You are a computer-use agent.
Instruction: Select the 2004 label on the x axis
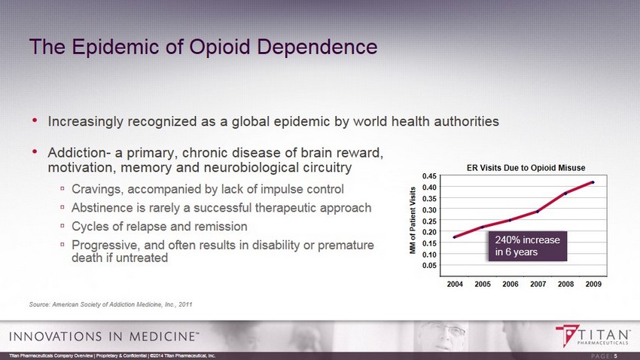pos(455,284)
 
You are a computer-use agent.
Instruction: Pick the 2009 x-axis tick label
pos(593,284)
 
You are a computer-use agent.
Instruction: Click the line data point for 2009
pos(593,182)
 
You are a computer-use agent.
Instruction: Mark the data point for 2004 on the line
pos(455,237)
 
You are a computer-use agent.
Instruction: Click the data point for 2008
pos(565,194)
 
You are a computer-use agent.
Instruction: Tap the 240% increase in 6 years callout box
pos(526,246)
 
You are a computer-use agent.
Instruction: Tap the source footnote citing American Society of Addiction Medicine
pos(111,304)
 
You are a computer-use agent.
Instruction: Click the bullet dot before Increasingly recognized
pos(34,121)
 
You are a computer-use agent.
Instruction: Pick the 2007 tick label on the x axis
pos(538,284)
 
